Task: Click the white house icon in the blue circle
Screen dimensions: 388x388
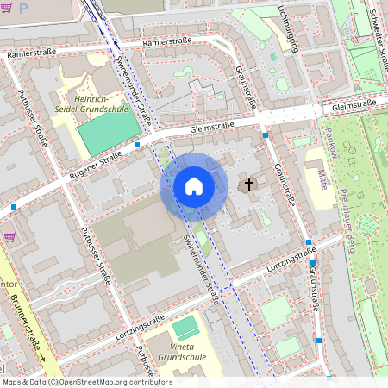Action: (x=193, y=186)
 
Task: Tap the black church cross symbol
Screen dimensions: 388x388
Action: (x=250, y=185)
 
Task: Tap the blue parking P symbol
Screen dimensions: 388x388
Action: (x=23, y=6)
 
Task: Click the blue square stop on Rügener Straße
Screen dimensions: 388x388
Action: (x=138, y=146)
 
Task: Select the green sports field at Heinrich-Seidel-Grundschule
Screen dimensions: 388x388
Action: (x=110, y=133)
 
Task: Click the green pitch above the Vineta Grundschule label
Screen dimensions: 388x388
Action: (x=185, y=327)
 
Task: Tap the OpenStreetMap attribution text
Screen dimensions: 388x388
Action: (x=86, y=382)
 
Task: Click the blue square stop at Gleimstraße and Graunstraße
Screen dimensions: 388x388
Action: (x=266, y=135)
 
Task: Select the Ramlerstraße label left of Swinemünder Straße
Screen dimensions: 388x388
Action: (x=33, y=54)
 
